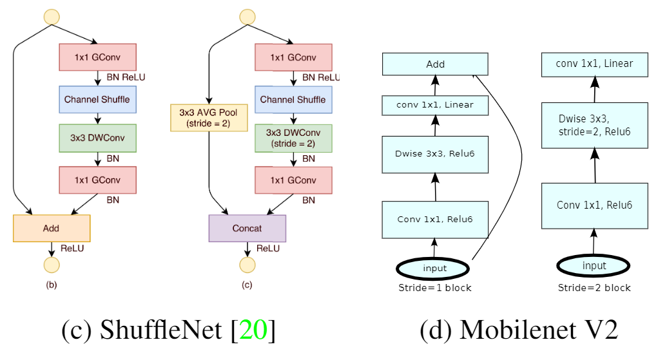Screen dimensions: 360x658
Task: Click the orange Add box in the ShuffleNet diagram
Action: [x=52, y=228]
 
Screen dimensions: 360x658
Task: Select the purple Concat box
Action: [x=247, y=228]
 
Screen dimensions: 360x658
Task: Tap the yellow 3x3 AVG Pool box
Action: [x=209, y=117]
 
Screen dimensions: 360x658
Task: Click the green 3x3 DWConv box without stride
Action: [x=97, y=138]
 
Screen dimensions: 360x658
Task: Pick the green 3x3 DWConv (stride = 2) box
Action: [x=293, y=138]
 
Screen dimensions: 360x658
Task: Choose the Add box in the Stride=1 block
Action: [x=435, y=64]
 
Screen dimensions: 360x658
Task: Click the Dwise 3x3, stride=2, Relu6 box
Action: [x=594, y=126]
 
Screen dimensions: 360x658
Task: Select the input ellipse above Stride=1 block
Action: [x=434, y=268]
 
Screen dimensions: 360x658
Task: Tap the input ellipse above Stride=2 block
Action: [x=594, y=265]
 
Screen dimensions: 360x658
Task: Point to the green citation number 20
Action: [x=253, y=330]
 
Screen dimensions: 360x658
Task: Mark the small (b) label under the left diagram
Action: [x=52, y=284]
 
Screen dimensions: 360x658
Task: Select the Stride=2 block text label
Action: [x=594, y=287]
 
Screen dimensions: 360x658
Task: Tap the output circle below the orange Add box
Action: [x=52, y=265]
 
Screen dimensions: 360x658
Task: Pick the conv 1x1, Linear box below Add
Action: [x=435, y=105]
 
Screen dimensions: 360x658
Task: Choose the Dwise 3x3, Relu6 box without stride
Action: [x=435, y=154]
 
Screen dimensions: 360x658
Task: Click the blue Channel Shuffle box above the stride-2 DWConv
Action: [x=293, y=100]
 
